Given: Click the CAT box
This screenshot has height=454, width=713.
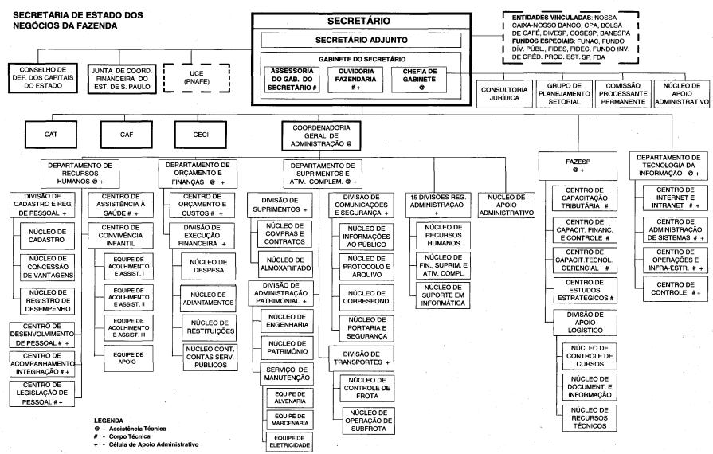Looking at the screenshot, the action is tap(51, 135).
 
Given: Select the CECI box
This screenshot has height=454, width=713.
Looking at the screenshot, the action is tap(201, 135).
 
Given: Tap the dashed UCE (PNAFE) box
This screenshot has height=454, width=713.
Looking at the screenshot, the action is tap(197, 78).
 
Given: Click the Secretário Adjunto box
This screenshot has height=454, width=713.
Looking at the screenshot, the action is tap(361, 40).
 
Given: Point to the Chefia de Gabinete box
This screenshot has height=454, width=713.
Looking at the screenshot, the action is tap(419, 80).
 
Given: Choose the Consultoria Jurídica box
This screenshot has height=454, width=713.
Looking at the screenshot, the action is tap(504, 94).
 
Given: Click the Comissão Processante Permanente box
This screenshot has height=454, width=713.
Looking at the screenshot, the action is tap(622, 94).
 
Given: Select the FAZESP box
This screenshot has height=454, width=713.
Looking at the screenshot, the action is tap(578, 166).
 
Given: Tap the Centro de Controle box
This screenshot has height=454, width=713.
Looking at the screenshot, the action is tap(676, 288).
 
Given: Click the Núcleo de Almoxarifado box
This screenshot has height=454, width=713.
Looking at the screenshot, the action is tap(285, 264).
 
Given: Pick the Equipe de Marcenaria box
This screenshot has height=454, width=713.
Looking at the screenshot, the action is tap(290, 420).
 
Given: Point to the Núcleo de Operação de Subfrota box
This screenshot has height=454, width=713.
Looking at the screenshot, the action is tap(368, 421).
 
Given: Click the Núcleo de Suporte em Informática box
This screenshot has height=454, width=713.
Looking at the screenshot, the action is tap(443, 295).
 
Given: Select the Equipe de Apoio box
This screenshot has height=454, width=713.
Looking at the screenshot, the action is tap(128, 358).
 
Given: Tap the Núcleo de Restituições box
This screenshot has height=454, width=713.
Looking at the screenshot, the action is tap(210, 327).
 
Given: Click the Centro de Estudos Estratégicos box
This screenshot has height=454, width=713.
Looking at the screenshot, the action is tap(586, 291).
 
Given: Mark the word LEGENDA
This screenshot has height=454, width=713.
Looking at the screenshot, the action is tap(108, 421).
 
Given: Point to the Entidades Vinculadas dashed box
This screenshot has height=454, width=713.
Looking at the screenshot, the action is tap(570, 37).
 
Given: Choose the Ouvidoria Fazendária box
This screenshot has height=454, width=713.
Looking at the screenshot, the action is tap(355, 80).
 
